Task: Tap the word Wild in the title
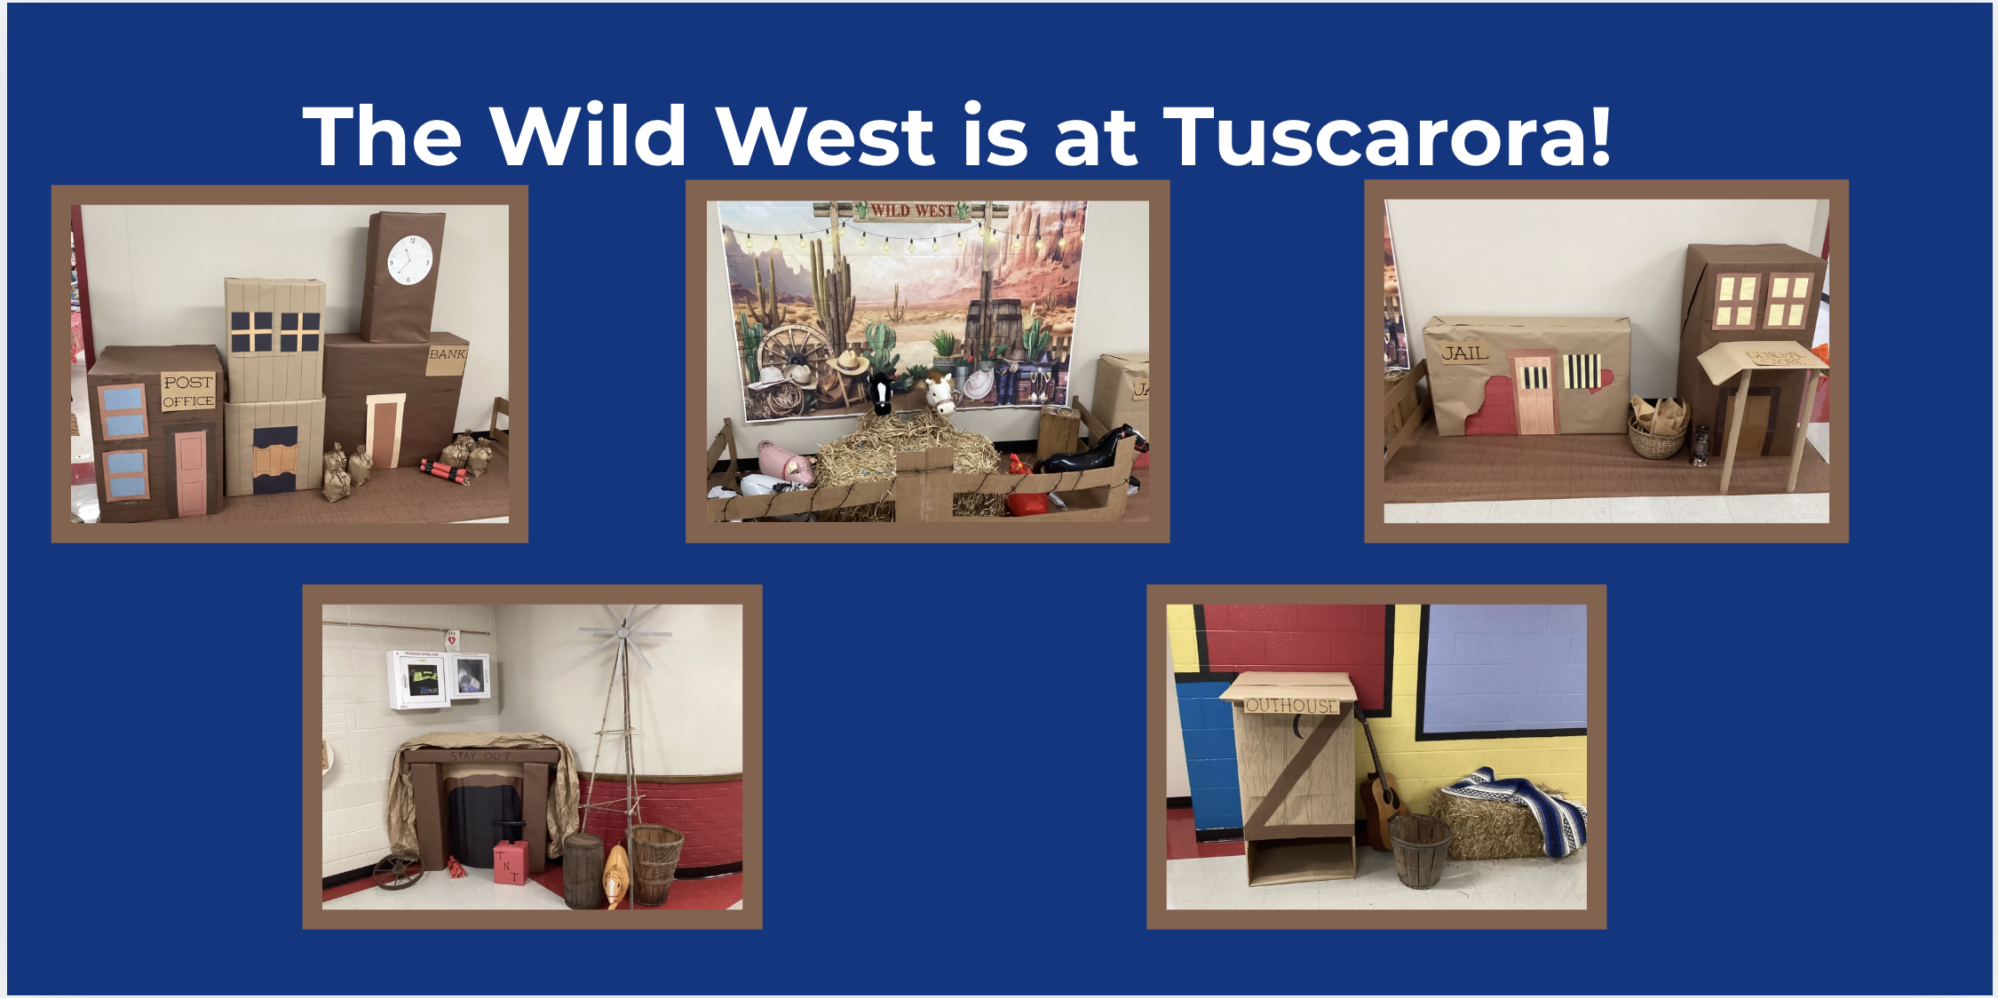pos(588,137)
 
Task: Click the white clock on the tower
pos(409,259)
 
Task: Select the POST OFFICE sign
pos(188,392)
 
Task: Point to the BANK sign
pos(447,353)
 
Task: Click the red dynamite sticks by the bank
pos(444,471)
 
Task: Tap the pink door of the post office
pos(191,472)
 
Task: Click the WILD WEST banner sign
pos(912,211)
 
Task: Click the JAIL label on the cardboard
pos(1464,353)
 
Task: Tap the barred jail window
pos(1582,372)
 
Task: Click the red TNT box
pos(510,861)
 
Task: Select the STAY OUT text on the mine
pos(480,756)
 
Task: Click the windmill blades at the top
pos(624,632)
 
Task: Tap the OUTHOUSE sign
pos(1290,706)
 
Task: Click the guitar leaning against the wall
pos(1376,799)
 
